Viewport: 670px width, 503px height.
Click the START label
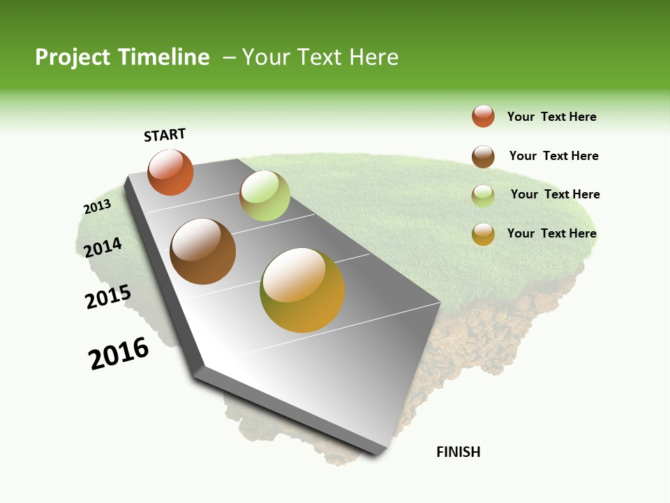[165, 135]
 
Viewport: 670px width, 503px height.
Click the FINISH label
[459, 452]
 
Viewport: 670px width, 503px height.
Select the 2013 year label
[97, 207]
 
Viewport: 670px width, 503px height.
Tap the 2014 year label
[103, 247]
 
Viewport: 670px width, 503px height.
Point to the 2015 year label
[108, 297]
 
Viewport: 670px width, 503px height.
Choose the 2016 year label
[119, 353]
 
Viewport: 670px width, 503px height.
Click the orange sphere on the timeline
[170, 173]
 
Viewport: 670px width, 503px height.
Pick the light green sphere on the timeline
[265, 196]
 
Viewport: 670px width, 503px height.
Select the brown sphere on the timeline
[203, 251]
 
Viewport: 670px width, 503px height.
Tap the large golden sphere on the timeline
[302, 290]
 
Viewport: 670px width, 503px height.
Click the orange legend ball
[483, 117]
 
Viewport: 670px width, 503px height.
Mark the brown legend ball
[483, 156]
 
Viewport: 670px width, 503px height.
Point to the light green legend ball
[483, 196]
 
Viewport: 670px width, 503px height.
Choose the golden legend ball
[483, 234]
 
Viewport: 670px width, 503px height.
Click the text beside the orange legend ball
[551, 117]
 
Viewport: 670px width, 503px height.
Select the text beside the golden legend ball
[551, 233]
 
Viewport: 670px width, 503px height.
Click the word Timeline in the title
[164, 57]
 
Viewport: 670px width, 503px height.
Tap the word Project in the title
[73, 57]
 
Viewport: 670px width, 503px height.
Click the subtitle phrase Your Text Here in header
[320, 57]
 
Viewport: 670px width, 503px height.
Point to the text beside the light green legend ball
[555, 194]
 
